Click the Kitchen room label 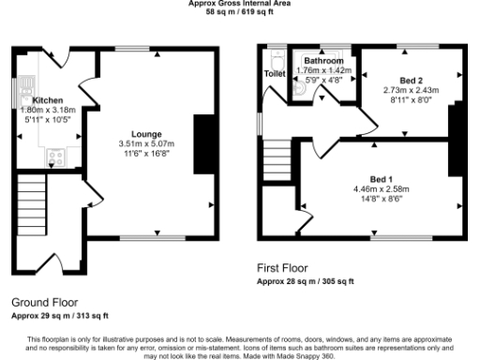click(x=47, y=99)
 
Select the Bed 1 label click(x=382, y=178)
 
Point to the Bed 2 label click(x=411, y=81)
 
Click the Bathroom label click(x=323, y=61)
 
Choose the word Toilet click(x=276, y=73)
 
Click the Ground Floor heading click(x=44, y=304)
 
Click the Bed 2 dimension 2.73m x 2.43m click(x=411, y=90)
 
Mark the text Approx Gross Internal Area click(x=239, y=4)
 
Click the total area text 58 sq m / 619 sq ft click(x=239, y=12)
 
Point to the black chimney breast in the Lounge click(x=202, y=143)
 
